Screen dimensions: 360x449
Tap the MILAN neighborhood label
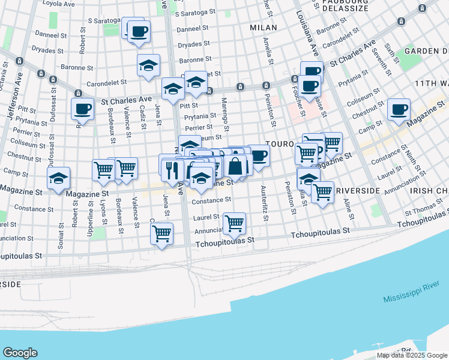pos(263,28)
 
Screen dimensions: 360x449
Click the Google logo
pos(20,352)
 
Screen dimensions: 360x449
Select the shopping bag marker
pos(236,166)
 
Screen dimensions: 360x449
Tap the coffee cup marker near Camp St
pos(399,109)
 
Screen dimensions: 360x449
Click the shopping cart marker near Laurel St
pos(234,223)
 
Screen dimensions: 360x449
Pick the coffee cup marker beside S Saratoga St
pos(139,31)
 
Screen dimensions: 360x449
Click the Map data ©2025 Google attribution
pos(412,355)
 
